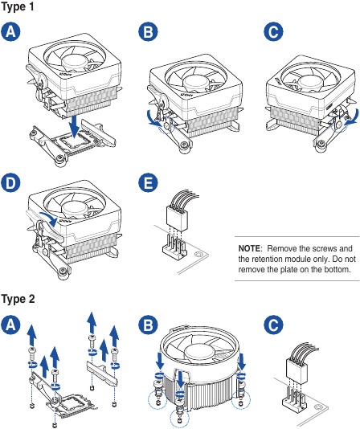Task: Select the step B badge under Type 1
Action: (x=147, y=33)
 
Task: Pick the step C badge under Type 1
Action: (x=273, y=33)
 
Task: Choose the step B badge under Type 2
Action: (x=147, y=325)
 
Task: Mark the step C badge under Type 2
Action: (x=273, y=325)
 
